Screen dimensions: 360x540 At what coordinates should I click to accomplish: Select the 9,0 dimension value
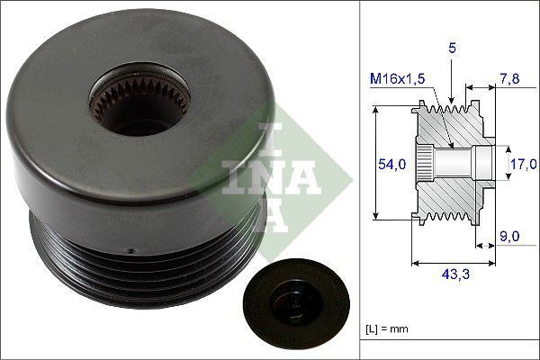pos(509,237)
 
